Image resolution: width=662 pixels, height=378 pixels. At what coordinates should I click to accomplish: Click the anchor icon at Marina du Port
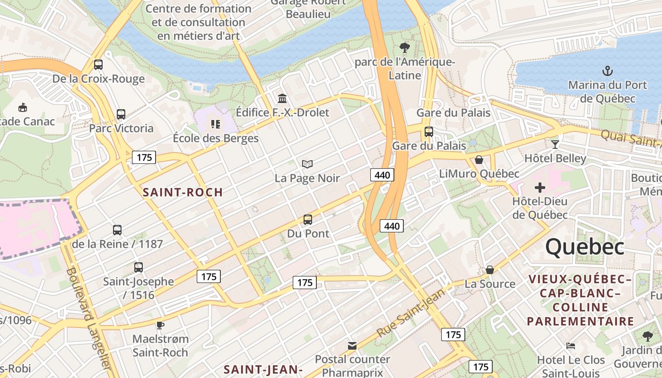607,71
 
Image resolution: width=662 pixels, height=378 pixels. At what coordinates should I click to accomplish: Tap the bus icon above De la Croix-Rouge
98,65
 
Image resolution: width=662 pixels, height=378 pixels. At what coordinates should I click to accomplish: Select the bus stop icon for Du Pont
308,220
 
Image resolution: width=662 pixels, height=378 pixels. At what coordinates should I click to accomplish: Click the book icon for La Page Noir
307,164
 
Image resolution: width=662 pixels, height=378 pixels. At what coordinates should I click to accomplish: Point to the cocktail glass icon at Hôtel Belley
555,144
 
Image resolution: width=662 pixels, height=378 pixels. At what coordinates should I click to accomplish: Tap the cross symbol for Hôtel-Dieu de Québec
540,187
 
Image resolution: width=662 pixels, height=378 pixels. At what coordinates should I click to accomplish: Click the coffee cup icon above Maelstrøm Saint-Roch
160,325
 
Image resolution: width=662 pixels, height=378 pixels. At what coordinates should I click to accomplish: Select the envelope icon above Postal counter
352,346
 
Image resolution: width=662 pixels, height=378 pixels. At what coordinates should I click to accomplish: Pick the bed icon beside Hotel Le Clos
571,346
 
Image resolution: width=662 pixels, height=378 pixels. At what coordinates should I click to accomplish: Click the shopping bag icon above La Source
490,270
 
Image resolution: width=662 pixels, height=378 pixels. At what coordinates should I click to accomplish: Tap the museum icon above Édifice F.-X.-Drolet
282,99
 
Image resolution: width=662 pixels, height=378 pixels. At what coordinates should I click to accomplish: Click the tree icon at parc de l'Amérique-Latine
404,47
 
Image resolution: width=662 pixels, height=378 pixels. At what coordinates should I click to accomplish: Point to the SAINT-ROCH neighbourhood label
183,192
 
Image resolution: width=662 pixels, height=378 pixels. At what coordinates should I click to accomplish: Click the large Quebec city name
585,247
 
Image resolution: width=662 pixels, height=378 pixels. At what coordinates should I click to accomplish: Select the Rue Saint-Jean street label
411,313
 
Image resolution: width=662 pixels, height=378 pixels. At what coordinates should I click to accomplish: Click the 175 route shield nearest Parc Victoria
144,157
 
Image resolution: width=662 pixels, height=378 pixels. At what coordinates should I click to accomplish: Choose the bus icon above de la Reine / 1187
117,230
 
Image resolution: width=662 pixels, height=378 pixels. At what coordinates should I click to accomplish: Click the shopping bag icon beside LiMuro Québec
479,160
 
